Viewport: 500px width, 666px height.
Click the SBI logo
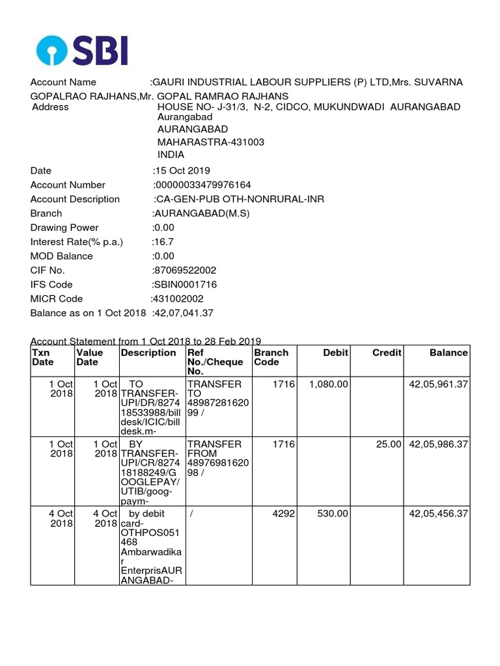pos(82,50)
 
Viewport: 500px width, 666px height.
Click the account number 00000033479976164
pos(202,185)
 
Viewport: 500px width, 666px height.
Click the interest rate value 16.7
pos(162,242)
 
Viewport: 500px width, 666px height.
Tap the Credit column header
pos(387,353)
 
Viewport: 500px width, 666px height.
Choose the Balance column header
pos(449,353)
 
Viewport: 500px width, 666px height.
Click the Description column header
pos(148,353)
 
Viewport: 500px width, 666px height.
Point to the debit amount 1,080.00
pos(329,384)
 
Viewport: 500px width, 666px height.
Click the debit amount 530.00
pos(333,513)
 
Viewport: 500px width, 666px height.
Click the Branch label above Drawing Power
pos(46,213)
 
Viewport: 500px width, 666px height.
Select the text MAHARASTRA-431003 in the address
pos(211,142)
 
